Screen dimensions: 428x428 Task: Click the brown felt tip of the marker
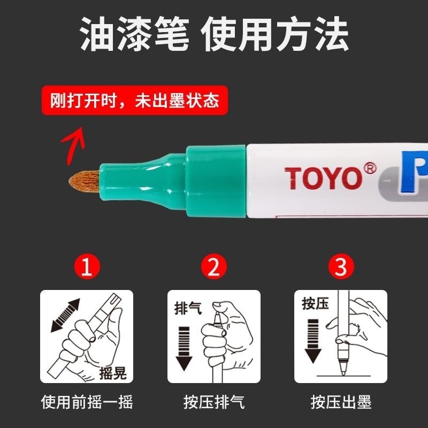tap(84, 181)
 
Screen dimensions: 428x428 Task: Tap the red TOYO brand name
tap(324, 178)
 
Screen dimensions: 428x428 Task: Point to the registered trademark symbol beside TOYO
tap(370, 169)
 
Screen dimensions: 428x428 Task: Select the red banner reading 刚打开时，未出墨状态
tap(135, 100)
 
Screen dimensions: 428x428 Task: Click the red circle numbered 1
tap(87, 266)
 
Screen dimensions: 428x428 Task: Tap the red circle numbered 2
tap(213, 266)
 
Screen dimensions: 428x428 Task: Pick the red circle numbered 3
tap(341, 266)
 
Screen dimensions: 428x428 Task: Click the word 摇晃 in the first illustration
tap(113, 372)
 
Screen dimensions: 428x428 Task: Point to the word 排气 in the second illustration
tap(188, 309)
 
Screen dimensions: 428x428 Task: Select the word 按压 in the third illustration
tap(315, 303)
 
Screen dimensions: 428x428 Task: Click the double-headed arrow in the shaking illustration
tap(65, 315)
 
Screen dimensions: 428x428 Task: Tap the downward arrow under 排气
tap(184, 349)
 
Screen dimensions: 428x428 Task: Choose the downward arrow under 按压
tap(313, 341)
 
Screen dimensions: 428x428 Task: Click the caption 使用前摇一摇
tap(87, 402)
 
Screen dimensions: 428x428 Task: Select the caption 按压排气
tap(214, 402)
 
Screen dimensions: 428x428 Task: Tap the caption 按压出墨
tap(341, 402)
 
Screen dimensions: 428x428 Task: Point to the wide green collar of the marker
tap(216, 181)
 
